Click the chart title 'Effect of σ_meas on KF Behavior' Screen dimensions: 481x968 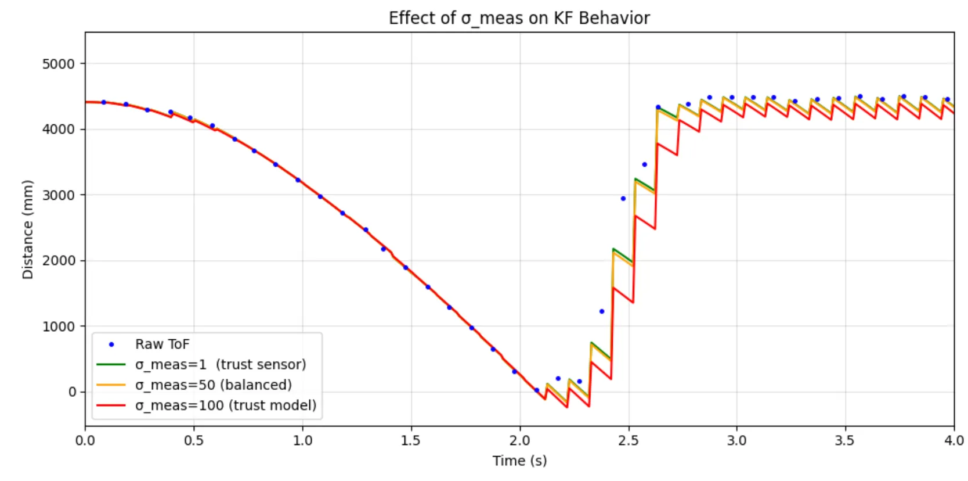tap(519, 18)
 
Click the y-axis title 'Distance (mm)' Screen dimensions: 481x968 tap(27, 229)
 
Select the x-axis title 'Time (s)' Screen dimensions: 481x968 tap(519, 461)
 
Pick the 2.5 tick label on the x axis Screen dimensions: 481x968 tap(628, 440)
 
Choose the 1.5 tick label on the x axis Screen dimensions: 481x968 tap(411, 440)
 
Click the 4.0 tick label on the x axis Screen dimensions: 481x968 tap(953, 440)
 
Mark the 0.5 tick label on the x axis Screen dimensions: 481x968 tap(194, 440)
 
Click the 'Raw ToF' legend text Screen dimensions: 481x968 tap(162, 344)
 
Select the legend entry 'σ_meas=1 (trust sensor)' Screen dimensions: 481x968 tap(221, 365)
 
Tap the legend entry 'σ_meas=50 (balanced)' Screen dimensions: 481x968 tap(213, 385)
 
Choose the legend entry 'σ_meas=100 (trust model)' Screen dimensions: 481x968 tap(226, 405)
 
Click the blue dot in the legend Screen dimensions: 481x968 tap(111, 344)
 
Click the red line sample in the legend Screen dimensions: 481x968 tap(111, 405)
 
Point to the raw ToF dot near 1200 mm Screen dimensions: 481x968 tap(602, 311)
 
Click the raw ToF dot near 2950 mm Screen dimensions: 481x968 tap(623, 199)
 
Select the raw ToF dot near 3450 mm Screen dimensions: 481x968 tap(644, 164)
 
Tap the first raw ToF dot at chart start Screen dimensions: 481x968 tap(104, 102)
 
